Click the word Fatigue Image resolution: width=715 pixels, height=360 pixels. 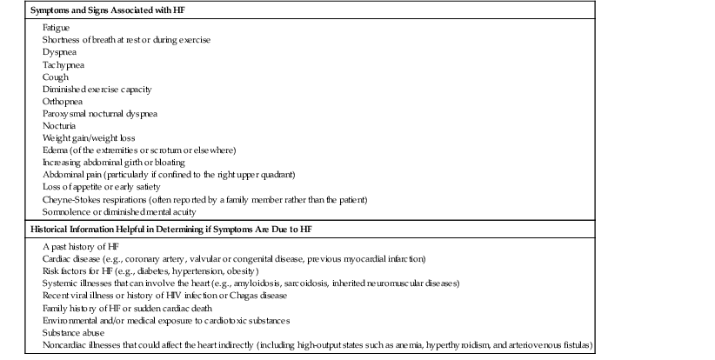[56, 28]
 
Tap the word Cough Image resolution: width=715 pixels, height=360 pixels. [54, 77]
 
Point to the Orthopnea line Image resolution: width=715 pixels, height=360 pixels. [63, 101]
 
